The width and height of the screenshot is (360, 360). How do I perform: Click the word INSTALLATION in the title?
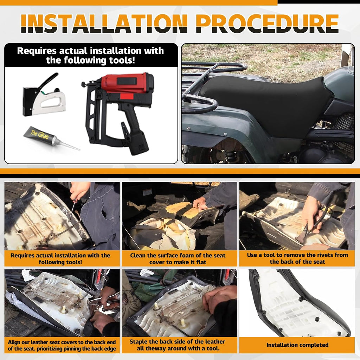point(104,23)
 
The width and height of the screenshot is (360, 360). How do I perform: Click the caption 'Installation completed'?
point(297,345)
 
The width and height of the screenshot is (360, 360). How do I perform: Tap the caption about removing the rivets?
point(297,258)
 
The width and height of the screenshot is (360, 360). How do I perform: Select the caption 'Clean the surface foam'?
point(178,259)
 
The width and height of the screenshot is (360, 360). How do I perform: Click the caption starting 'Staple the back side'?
point(178,345)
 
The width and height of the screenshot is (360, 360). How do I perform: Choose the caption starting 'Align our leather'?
point(62,345)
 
